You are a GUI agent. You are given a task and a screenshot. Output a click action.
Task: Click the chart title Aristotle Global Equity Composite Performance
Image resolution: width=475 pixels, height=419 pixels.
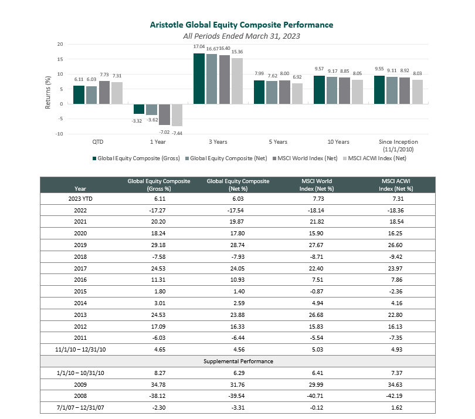241,25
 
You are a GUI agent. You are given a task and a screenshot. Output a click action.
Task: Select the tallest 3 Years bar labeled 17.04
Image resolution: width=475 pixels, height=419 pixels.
199,79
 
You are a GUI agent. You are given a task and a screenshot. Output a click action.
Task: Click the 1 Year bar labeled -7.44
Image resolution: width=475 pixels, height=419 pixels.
177,115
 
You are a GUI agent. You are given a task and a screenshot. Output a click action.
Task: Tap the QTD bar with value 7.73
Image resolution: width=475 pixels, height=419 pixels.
104,92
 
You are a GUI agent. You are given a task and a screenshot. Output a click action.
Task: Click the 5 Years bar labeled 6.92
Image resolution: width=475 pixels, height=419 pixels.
297,93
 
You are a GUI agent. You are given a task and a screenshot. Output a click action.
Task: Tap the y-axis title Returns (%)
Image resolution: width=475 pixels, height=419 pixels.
48,90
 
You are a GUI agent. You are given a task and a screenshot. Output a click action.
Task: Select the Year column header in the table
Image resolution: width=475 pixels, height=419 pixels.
80,189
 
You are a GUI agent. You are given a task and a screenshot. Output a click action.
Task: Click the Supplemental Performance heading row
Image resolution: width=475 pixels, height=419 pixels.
238,361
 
